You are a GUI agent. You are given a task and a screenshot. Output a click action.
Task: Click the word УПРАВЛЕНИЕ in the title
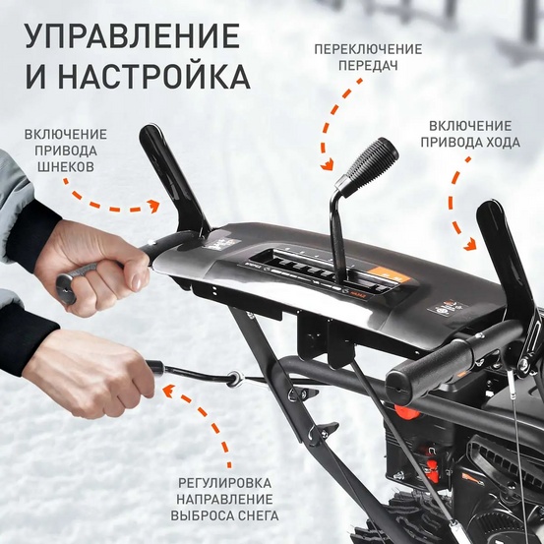click(x=132, y=35)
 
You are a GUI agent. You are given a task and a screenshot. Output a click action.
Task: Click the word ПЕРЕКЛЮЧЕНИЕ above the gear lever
click(x=368, y=49)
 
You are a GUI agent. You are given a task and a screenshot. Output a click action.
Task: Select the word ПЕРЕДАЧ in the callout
click(x=368, y=66)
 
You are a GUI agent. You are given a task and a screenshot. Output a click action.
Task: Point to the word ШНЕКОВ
click(x=66, y=167)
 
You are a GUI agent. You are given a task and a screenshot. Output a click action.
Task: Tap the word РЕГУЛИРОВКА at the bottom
click(x=228, y=482)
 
